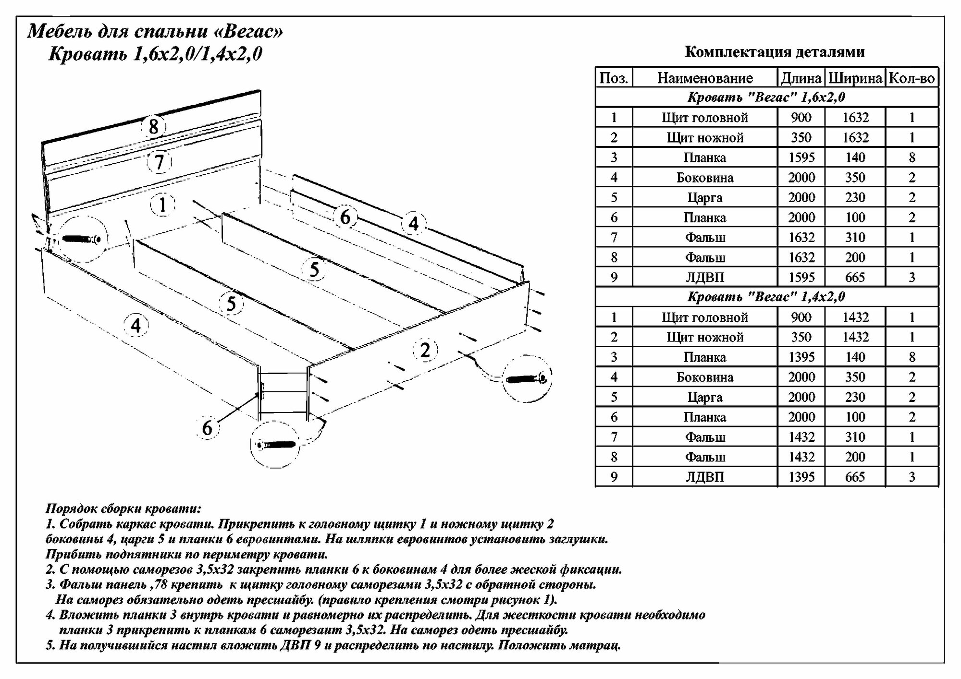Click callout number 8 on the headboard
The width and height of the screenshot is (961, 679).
(x=153, y=127)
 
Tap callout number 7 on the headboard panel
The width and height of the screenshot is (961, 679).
(x=160, y=162)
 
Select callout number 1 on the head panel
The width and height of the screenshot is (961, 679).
(x=162, y=205)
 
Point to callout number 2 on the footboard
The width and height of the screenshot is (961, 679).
(x=425, y=350)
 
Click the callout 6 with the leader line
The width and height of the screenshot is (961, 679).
(x=207, y=427)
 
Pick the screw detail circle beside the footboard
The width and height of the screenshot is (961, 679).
(x=526, y=379)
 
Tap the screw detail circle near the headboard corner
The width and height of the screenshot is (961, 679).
(x=80, y=239)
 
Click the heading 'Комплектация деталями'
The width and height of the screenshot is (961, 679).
(x=775, y=52)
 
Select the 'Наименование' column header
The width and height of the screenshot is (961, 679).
(x=705, y=78)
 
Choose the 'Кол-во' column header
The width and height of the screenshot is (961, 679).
(x=912, y=78)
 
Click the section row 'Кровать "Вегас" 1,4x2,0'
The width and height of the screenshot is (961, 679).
(x=766, y=297)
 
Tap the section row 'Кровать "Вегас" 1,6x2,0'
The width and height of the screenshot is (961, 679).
(x=766, y=97)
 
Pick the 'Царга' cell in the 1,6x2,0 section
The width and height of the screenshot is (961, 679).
(x=705, y=197)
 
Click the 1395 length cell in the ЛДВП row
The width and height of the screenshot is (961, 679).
(x=801, y=477)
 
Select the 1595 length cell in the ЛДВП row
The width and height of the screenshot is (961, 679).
(x=801, y=277)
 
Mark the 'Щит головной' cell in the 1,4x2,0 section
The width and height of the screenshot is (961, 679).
(x=705, y=317)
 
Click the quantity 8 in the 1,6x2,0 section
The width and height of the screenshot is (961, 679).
(x=912, y=158)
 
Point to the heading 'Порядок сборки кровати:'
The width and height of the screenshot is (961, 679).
(x=123, y=509)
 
